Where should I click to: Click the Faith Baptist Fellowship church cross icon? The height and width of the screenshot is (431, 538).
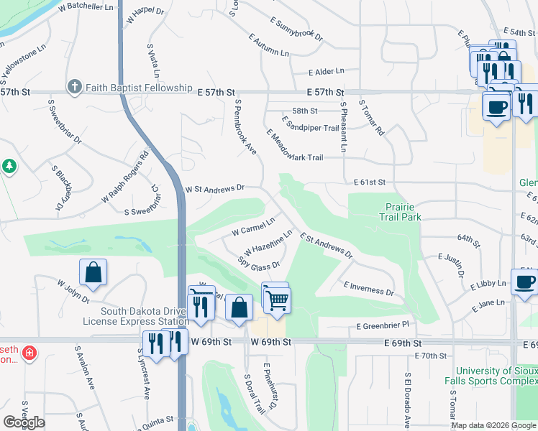tap(75, 88)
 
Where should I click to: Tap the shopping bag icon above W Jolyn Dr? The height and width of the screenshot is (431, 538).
tap(93, 272)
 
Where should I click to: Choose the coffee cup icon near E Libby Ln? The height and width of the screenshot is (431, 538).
tap(525, 281)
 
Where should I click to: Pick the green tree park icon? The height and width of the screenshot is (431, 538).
tap(9, 167)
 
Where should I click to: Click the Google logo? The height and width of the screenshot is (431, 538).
tap(24, 422)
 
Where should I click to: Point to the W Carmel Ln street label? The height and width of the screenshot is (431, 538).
tap(253, 226)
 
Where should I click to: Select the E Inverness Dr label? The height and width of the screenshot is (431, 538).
tap(368, 288)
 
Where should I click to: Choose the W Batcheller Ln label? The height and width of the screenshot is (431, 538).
tap(89, 6)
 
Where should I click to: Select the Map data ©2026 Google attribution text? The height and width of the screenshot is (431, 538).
tap(494, 425)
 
